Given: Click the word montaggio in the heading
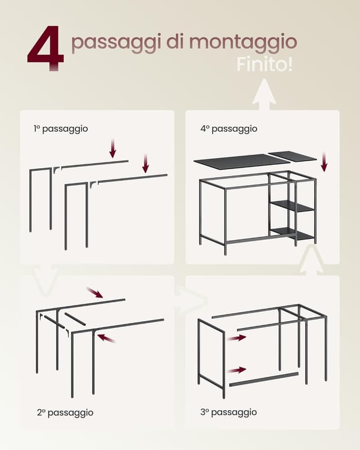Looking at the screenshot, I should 243,42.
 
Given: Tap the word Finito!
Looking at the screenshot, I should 264,64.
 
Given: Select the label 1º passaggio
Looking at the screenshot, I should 60,129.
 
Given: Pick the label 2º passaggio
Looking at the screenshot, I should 65,412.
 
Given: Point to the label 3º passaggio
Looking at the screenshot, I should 228,412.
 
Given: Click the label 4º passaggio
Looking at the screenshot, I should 229,129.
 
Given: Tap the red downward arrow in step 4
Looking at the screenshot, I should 324,161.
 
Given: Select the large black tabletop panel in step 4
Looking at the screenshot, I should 241,161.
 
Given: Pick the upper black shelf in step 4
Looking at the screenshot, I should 292,206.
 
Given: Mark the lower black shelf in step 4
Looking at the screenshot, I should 292,232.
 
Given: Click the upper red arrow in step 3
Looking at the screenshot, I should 237,337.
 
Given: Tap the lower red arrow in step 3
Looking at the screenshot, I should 237,370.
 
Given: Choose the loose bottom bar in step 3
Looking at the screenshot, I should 263,379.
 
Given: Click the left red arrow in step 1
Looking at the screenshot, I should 112,148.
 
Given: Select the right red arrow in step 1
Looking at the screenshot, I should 146,163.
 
